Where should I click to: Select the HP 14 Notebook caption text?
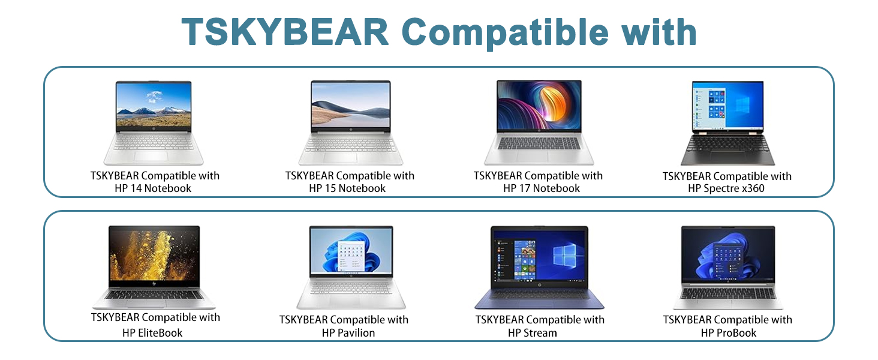(153, 188)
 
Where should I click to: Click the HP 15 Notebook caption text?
(347, 188)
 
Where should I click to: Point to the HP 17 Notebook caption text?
(542, 188)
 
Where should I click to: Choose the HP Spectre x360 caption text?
(726, 188)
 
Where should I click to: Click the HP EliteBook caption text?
(152, 332)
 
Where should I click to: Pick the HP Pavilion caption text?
(348, 332)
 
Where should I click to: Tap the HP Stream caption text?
(533, 332)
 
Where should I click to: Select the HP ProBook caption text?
(729, 332)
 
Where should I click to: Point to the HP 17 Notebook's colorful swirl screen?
(539, 106)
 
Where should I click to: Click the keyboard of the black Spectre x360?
(727, 145)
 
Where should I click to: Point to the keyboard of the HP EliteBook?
(154, 294)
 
